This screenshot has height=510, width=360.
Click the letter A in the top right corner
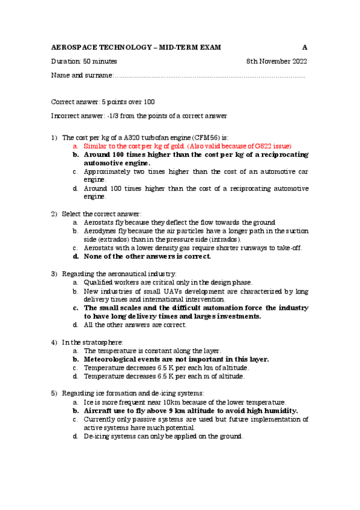pyautogui.click(x=305, y=47)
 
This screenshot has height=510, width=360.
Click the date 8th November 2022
pyautogui.click(x=276, y=61)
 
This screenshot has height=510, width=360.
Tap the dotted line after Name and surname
pyautogui.click(x=210, y=76)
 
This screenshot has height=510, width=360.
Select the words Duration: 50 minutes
pyautogui.click(x=84, y=61)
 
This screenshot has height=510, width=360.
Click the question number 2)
pyautogui.click(x=54, y=214)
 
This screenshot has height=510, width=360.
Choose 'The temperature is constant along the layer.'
pyautogui.click(x=153, y=350)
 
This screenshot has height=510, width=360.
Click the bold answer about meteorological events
pyautogui.click(x=176, y=359)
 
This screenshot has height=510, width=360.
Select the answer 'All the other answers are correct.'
pyautogui.click(x=135, y=325)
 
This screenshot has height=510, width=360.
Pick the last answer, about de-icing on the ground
pyautogui.click(x=163, y=436)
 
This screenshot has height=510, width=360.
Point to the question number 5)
pyautogui.click(x=54, y=393)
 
